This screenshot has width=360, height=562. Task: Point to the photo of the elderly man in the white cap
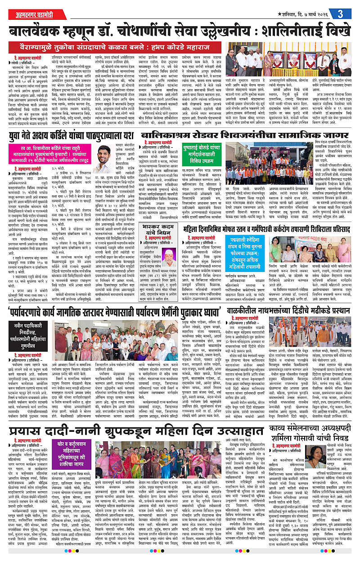click(x=169, y=258)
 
